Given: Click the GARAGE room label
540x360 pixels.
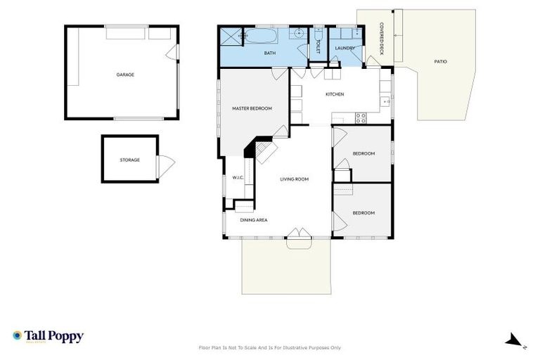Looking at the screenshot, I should coord(125,75).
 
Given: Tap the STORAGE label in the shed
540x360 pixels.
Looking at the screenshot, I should coord(129,160).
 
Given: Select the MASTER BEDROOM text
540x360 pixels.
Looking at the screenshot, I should coord(252,108).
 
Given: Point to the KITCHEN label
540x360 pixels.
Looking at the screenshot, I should coord(334,94).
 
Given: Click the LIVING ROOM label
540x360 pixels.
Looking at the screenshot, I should coord(294,179).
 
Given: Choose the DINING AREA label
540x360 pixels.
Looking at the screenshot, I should coord(253,220).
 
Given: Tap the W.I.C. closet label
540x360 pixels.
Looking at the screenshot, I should coord(238,177).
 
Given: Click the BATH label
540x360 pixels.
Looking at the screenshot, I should coord(269,53).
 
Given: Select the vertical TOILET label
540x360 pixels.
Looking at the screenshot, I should coord(318,46).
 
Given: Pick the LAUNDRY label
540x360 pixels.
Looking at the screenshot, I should coord(345,48).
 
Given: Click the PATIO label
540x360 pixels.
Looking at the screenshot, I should coord(440,62).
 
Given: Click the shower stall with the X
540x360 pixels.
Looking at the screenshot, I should coord(231,37).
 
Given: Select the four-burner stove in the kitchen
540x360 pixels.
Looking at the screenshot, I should coord(360,117).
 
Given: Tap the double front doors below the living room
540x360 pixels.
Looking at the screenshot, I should coord(299,234).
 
